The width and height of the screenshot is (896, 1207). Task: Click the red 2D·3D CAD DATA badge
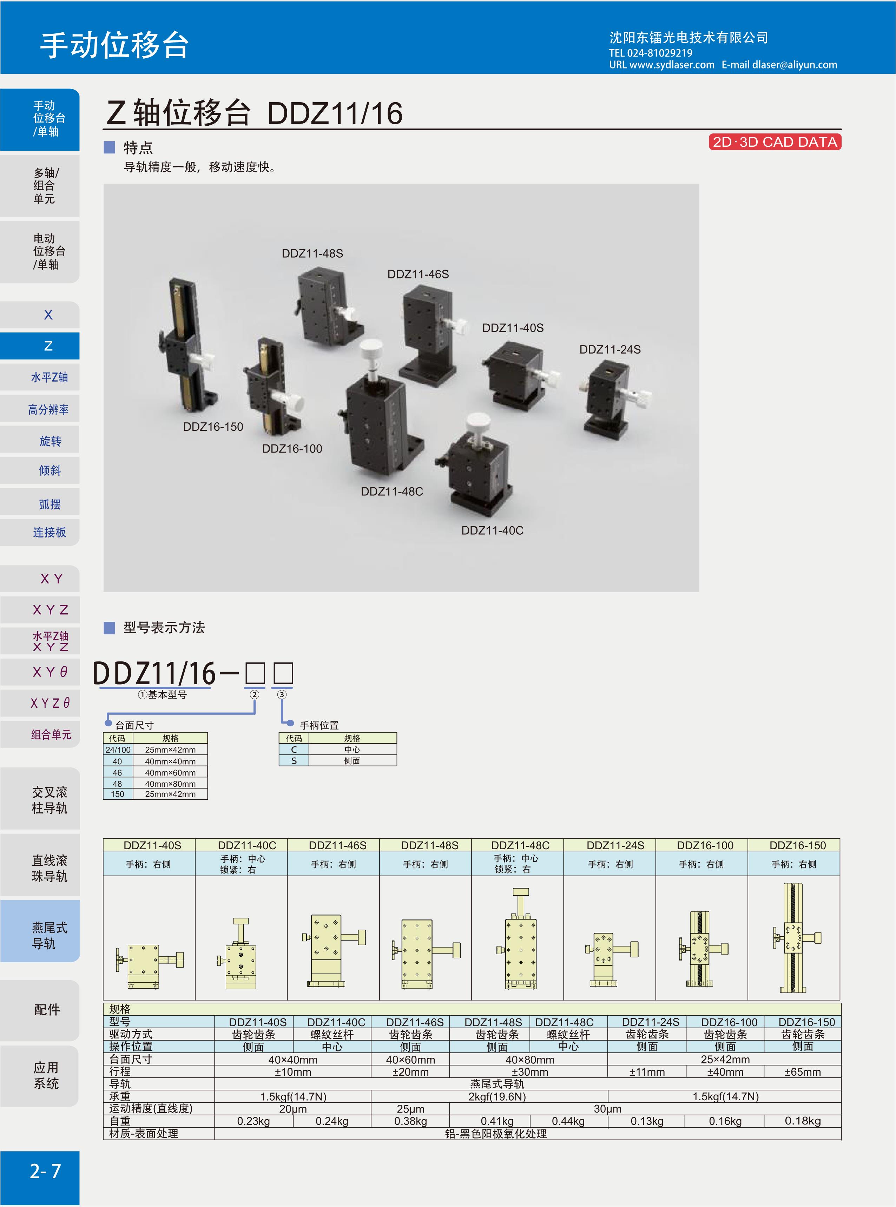pyautogui.click(x=775, y=142)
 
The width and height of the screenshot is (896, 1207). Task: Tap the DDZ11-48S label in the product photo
pyautogui.click(x=312, y=253)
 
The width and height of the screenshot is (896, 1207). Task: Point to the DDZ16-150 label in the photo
pyautogui.click(x=213, y=427)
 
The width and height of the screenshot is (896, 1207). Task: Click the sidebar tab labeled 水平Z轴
pyautogui.click(x=50, y=377)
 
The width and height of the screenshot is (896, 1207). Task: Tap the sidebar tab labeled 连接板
pyautogui.click(x=50, y=533)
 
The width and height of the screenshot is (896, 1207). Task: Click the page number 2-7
pyautogui.click(x=46, y=1171)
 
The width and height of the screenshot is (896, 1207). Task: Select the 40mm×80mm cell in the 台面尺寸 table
pyautogui.click(x=170, y=784)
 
